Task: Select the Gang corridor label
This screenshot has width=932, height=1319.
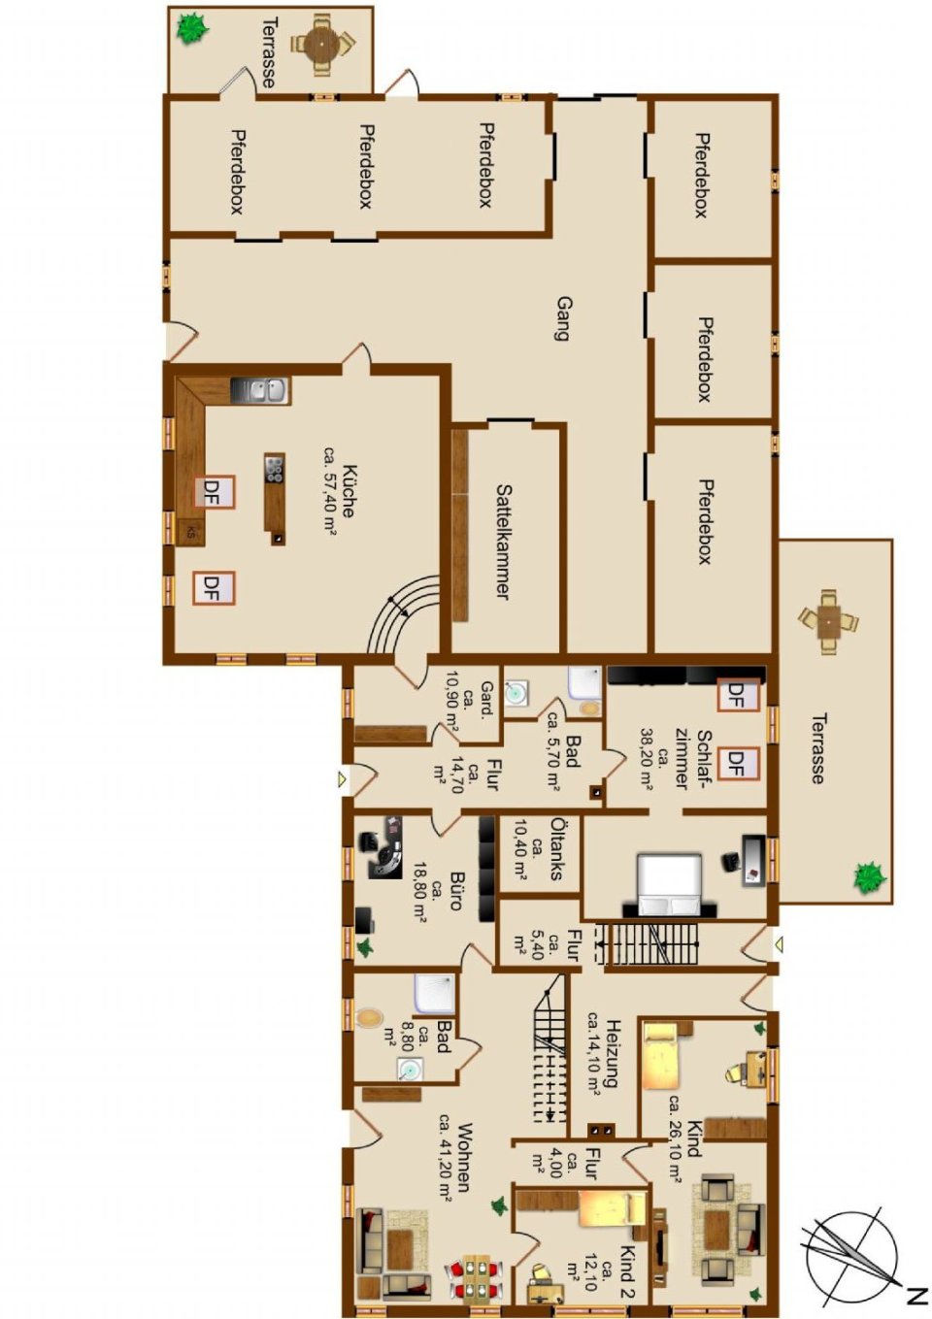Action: pyautogui.click(x=561, y=318)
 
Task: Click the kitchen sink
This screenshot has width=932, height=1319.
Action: pyautogui.click(x=260, y=390)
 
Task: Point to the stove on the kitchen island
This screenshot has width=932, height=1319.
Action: pyautogui.click(x=275, y=469)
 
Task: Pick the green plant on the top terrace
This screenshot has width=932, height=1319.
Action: pyautogui.click(x=192, y=28)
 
